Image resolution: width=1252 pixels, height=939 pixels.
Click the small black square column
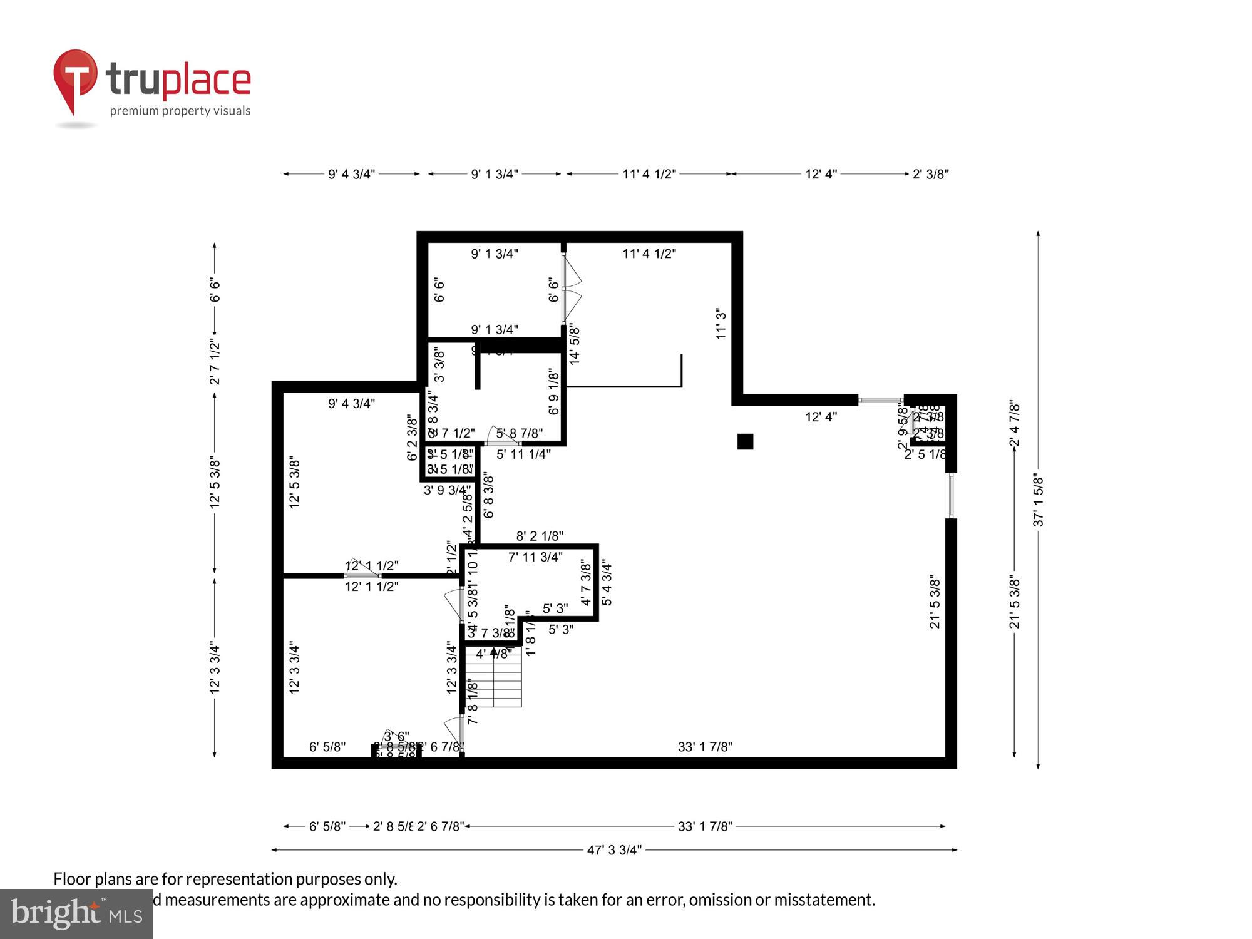click(x=745, y=442)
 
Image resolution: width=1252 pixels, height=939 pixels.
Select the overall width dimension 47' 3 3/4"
click(x=614, y=850)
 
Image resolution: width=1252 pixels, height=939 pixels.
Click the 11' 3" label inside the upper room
click(x=721, y=323)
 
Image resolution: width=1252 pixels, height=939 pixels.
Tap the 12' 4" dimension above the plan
click(x=821, y=174)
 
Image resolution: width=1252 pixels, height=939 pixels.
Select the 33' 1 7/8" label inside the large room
click(x=705, y=747)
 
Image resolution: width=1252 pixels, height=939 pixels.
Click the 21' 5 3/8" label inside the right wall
click(x=935, y=601)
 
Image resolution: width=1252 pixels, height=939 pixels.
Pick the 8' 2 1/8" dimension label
click(x=540, y=536)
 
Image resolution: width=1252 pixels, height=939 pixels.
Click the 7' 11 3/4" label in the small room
click(x=535, y=557)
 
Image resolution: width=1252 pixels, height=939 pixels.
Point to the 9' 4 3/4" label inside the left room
click(x=351, y=404)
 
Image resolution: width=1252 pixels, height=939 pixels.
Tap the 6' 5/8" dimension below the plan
click(x=327, y=826)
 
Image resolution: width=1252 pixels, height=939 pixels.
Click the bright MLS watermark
click(x=76, y=914)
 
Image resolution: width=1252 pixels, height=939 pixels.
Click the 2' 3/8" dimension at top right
click(x=930, y=174)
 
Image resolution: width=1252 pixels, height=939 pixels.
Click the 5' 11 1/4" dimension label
click(x=523, y=454)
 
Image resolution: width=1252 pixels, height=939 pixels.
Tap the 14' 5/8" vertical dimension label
click(x=574, y=344)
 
